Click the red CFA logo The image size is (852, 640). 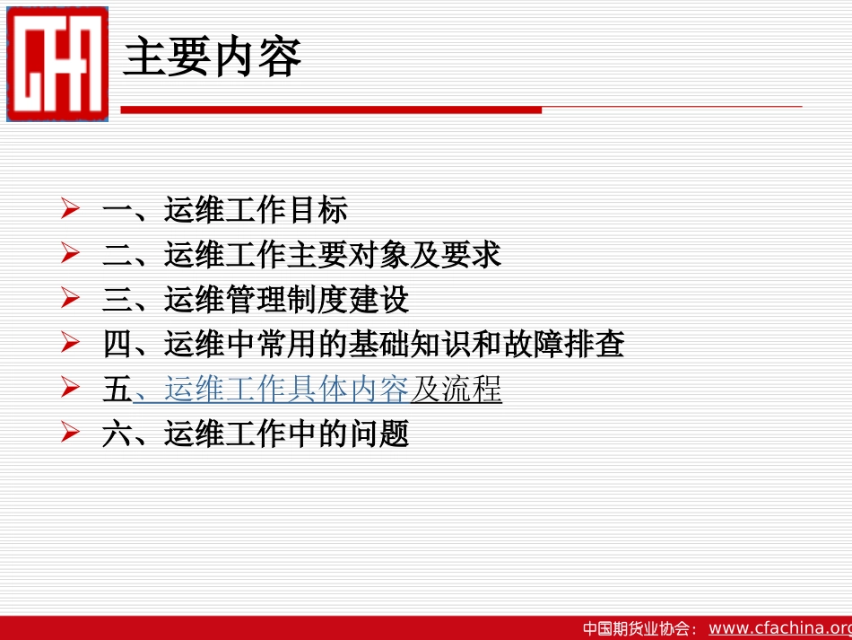(57, 64)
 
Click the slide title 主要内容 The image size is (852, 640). (212, 57)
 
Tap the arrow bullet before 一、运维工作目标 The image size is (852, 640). (71, 210)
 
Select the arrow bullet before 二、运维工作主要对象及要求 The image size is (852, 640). (71, 255)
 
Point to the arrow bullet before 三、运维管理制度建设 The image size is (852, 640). (71, 299)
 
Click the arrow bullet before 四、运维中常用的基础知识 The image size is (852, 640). (71, 344)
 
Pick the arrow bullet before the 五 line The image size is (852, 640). (71, 389)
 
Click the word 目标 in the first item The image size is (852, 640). (317, 211)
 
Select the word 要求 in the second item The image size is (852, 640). (470, 256)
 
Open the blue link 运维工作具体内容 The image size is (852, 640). (285, 390)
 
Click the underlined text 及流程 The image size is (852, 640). (456, 390)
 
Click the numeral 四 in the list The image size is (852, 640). (117, 345)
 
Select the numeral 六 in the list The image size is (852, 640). (117, 434)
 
